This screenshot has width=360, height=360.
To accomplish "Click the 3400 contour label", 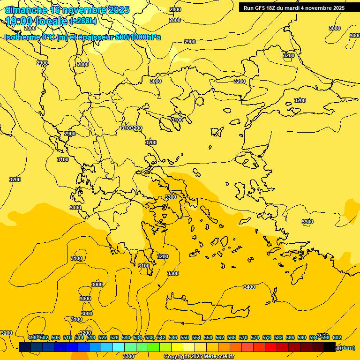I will [x=249, y=287].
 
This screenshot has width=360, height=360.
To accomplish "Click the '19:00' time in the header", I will [x=19, y=21].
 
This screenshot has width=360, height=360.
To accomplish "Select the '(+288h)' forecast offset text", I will [x=83, y=21].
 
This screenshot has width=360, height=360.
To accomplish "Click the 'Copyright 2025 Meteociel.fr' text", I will [x=199, y=357].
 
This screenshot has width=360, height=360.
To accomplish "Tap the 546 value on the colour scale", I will [x=173, y=337].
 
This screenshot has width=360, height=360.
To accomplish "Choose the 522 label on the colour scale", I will [x=103, y=337].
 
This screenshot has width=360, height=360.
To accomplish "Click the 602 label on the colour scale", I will [x=337, y=337].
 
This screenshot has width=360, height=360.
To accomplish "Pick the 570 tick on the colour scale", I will [x=243, y=337].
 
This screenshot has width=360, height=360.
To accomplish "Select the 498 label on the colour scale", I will [x=32, y=337].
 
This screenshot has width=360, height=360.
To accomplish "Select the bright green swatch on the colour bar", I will [x=154, y=347].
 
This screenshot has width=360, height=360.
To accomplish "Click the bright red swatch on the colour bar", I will [x=271, y=347].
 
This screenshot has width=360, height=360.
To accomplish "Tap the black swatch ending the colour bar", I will [x=330, y=347].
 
